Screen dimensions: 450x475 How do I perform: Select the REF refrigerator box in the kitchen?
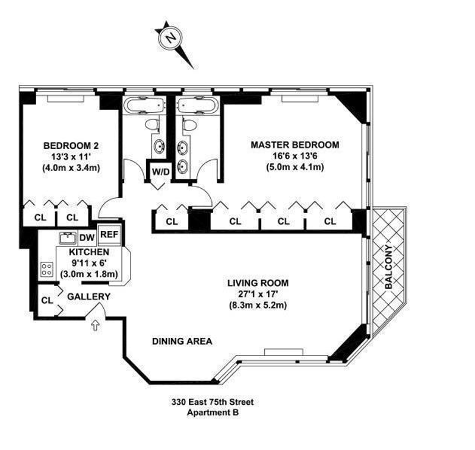pos(109,234)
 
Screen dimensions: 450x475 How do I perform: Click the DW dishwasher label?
pos(87,238)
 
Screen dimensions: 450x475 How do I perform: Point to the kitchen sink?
pos(67,238)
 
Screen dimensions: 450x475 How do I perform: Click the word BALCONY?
pos(389,267)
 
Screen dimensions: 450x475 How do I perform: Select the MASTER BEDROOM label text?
pos(294,145)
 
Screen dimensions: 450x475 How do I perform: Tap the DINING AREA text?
pos(182,341)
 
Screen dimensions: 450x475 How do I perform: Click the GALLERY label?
pos(88,296)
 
